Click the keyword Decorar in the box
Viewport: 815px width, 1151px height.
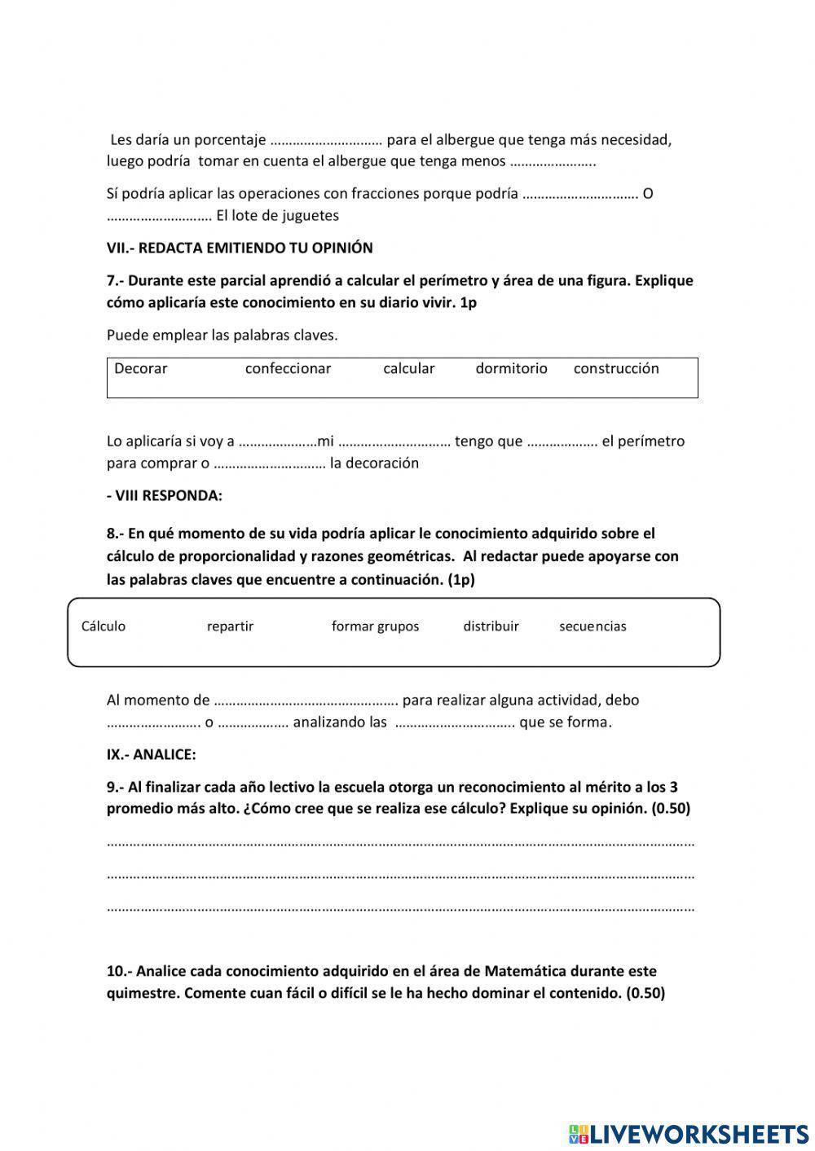point(140,368)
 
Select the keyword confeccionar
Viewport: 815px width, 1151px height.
point(288,368)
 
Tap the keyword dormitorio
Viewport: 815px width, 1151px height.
point(511,368)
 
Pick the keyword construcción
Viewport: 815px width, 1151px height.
point(616,368)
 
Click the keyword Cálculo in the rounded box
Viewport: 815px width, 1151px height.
point(104,626)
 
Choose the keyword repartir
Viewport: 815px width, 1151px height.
point(230,626)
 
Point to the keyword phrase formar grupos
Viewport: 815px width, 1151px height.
point(375,626)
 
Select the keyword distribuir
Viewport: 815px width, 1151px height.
point(491,626)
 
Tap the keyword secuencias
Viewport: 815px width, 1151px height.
point(593,626)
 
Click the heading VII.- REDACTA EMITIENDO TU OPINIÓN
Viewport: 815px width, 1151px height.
point(240,248)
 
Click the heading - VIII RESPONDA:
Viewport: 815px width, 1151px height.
point(165,495)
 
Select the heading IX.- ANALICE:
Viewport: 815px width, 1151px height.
point(152,754)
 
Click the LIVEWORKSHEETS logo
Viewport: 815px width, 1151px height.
point(689,1133)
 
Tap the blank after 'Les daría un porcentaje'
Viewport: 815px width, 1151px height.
point(326,140)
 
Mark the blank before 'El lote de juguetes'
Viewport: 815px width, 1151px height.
point(159,217)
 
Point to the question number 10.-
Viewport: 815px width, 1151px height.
point(119,971)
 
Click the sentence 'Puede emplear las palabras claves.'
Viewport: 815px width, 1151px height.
point(222,335)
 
